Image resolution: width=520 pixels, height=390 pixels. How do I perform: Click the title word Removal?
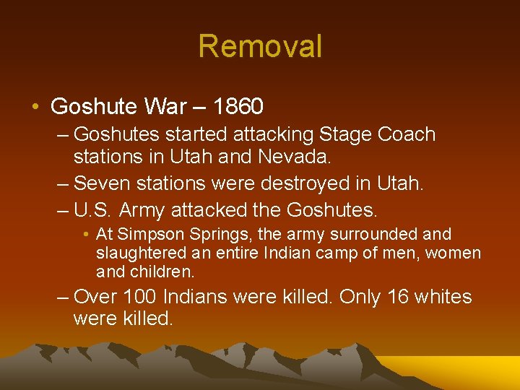tap(260, 47)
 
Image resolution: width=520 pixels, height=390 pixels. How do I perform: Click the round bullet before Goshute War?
tap(35, 108)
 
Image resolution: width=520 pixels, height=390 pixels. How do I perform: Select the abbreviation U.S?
tap(93, 210)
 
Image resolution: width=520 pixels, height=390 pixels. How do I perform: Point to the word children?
tap(162, 272)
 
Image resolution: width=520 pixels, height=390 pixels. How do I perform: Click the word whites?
tap(447, 297)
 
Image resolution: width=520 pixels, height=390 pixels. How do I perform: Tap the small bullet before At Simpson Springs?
tap(86, 235)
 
